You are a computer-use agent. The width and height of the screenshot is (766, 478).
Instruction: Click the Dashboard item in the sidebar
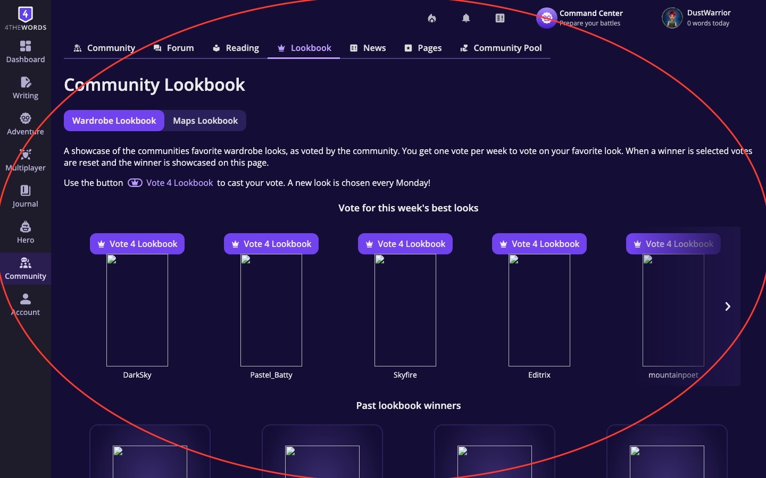click(x=25, y=52)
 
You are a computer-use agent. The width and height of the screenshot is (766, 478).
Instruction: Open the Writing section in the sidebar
click(x=25, y=88)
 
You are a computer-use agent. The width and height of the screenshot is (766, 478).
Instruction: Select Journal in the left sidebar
click(x=25, y=197)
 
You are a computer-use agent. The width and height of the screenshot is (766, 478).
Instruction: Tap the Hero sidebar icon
click(x=25, y=233)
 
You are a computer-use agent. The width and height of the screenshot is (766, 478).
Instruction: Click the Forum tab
click(x=173, y=48)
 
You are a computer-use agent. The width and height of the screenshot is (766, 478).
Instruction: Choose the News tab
click(x=368, y=48)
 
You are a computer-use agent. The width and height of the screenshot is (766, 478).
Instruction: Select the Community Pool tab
click(x=501, y=48)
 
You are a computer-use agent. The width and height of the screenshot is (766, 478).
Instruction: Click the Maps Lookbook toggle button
click(x=205, y=121)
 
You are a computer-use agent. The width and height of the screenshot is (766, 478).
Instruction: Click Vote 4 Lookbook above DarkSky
click(x=137, y=244)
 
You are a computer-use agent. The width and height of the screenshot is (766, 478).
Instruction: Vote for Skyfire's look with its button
click(x=405, y=244)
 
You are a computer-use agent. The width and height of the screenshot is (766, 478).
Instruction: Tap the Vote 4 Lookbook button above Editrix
click(x=539, y=244)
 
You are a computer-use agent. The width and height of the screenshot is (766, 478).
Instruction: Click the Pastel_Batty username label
click(x=271, y=375)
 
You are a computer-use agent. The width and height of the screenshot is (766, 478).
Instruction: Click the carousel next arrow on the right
click(x=727, y=306)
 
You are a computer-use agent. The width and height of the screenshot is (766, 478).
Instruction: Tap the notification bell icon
click(x=466, y=18)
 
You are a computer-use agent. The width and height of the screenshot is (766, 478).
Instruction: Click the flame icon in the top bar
click(x=432, y=18)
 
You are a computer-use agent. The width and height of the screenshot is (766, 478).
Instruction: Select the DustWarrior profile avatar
click(x=672, y=18)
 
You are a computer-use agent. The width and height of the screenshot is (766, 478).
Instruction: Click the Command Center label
click(x=590, y=13)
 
